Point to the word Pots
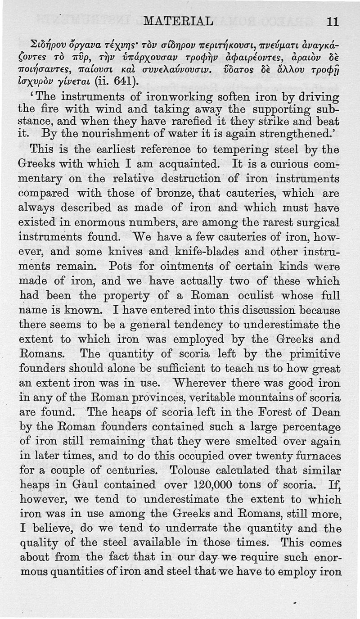coord(121,266)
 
